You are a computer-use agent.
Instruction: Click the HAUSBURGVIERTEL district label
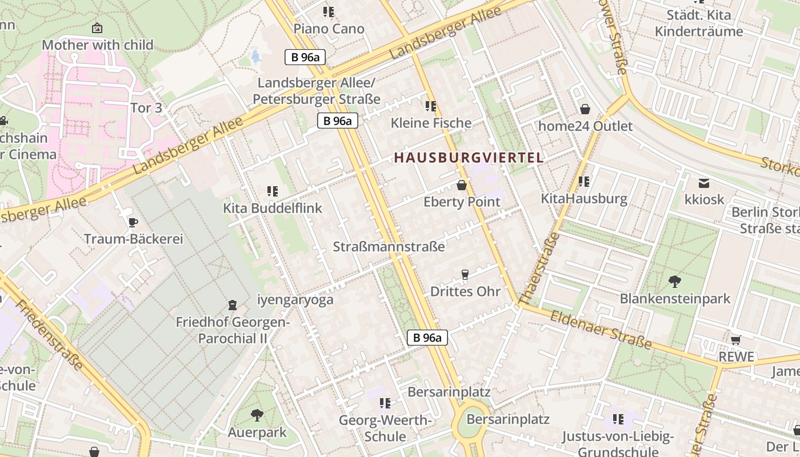click(469, 158)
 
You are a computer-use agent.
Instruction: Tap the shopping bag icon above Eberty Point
click(462, 185)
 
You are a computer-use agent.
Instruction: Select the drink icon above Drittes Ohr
click(465, 275)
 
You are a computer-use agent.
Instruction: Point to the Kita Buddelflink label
click(273, 209)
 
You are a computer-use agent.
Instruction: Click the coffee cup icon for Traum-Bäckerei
click(133, 222)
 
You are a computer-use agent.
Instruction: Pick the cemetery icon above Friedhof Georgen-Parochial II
click(233, 305)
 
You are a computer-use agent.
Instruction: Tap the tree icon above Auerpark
click(257, 415)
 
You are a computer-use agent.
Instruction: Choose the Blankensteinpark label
click(675, 299)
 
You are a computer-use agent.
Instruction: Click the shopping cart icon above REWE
click(735, 340)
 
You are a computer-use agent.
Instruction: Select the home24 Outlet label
click(586, 126)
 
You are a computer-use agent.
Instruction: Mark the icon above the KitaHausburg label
click(583, 182)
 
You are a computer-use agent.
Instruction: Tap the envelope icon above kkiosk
click(704, 183)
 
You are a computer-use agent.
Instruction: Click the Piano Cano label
click(329, 29)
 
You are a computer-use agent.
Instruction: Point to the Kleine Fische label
click(431, 123)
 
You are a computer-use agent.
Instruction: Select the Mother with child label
click(98, 45)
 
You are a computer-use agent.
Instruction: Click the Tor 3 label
click(146, 108)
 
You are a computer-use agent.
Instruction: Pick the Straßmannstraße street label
click(389, 247)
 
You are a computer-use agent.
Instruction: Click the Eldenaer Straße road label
click(601, 330)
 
